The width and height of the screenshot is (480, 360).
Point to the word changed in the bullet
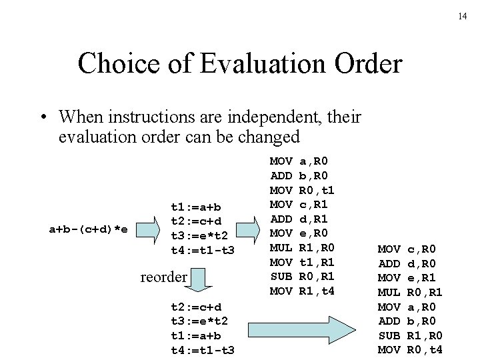click(x=263, y=137)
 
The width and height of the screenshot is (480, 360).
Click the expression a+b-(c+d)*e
click(x=89, y=229)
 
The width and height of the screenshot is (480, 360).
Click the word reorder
click(x=163, y=276)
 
